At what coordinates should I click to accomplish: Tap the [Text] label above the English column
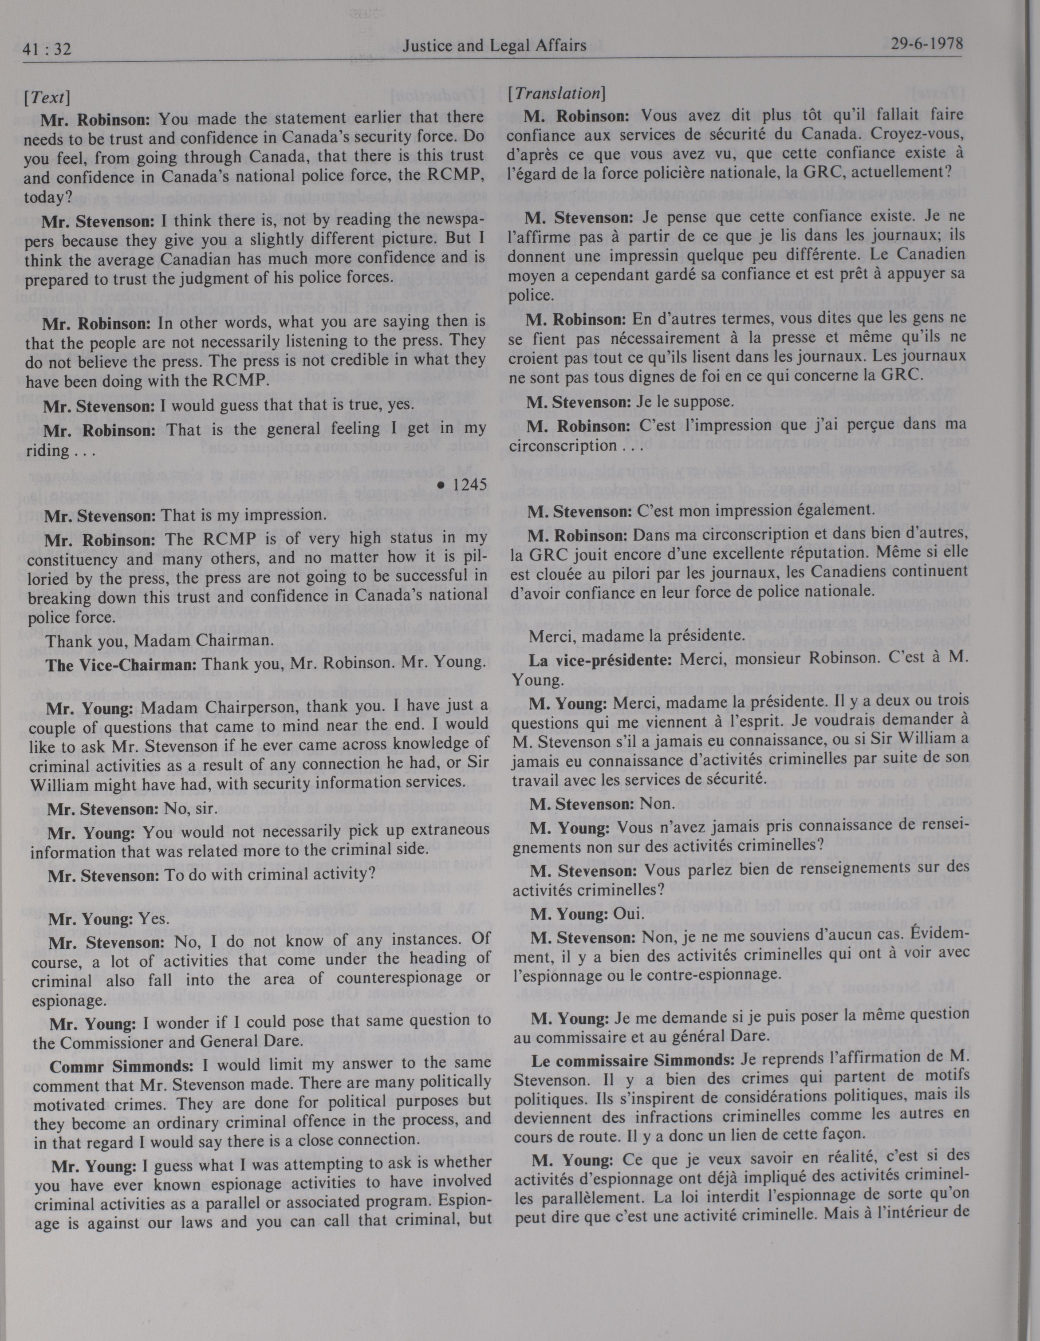tap(47, 97)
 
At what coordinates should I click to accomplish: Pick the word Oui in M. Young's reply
tap(629, 914)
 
